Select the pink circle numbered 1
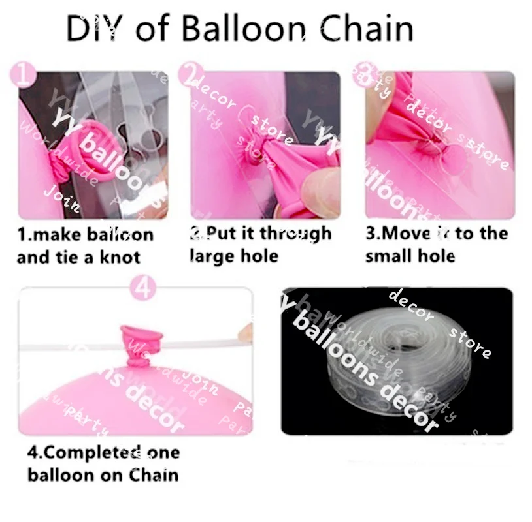tap(25, 76)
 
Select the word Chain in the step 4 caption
tap(154, 474)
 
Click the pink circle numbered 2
tap(190, 76)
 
